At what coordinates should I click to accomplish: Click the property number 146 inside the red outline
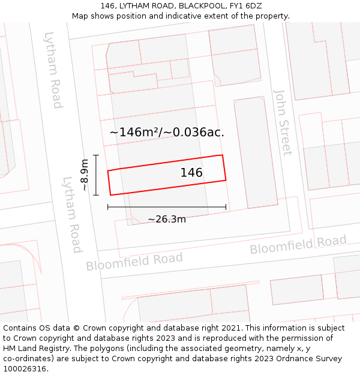[x=191, y=173]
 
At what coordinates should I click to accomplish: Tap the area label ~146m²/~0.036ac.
[x=167, y=132]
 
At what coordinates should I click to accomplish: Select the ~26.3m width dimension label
[x=167, y=219]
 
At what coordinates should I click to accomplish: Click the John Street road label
[x=283, y=122]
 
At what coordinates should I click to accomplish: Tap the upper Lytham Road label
[x=53, y=70]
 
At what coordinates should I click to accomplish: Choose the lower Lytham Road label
[x=72, y=214]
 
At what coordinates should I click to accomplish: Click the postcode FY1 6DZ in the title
[x=246, y=6]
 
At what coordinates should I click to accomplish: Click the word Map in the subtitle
[x=81, y=16]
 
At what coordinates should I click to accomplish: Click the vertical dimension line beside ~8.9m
[x=96, y=175]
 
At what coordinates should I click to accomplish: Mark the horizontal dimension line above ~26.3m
[x=167, y=208]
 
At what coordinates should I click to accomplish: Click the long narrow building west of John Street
[x=256, y=153]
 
